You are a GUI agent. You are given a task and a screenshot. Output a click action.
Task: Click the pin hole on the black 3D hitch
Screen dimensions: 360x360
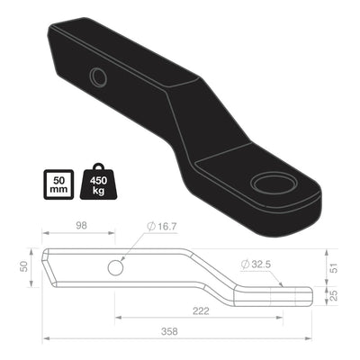[99, 77]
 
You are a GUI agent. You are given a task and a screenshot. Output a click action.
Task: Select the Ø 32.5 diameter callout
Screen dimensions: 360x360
[256, 265]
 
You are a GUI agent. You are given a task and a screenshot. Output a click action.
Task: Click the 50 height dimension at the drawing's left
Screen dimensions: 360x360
[23, 267]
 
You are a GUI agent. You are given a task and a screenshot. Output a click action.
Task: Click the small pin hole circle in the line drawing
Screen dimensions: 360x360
[115, 268]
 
